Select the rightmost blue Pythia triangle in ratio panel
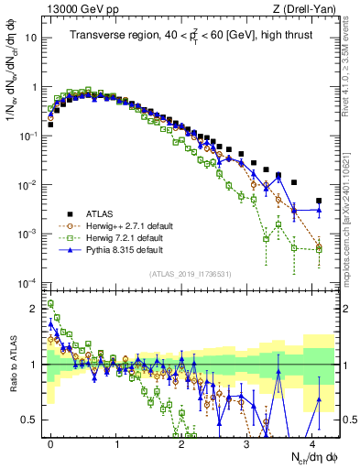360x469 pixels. click(x=319, y=398)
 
